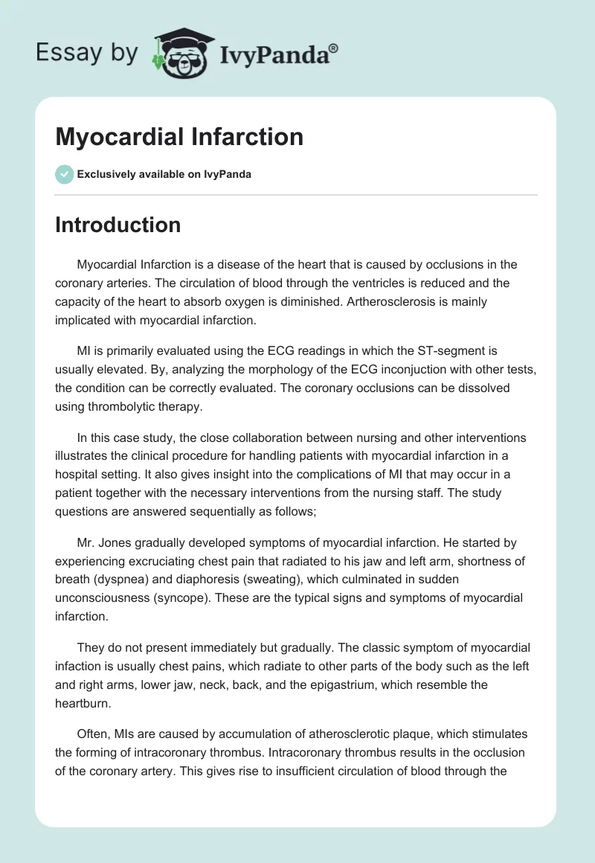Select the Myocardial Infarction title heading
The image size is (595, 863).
click(179, 137)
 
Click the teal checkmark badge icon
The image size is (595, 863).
click(64, 174)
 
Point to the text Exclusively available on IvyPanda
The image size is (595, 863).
click(164, 175)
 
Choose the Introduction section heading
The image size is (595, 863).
click(118, 225)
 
